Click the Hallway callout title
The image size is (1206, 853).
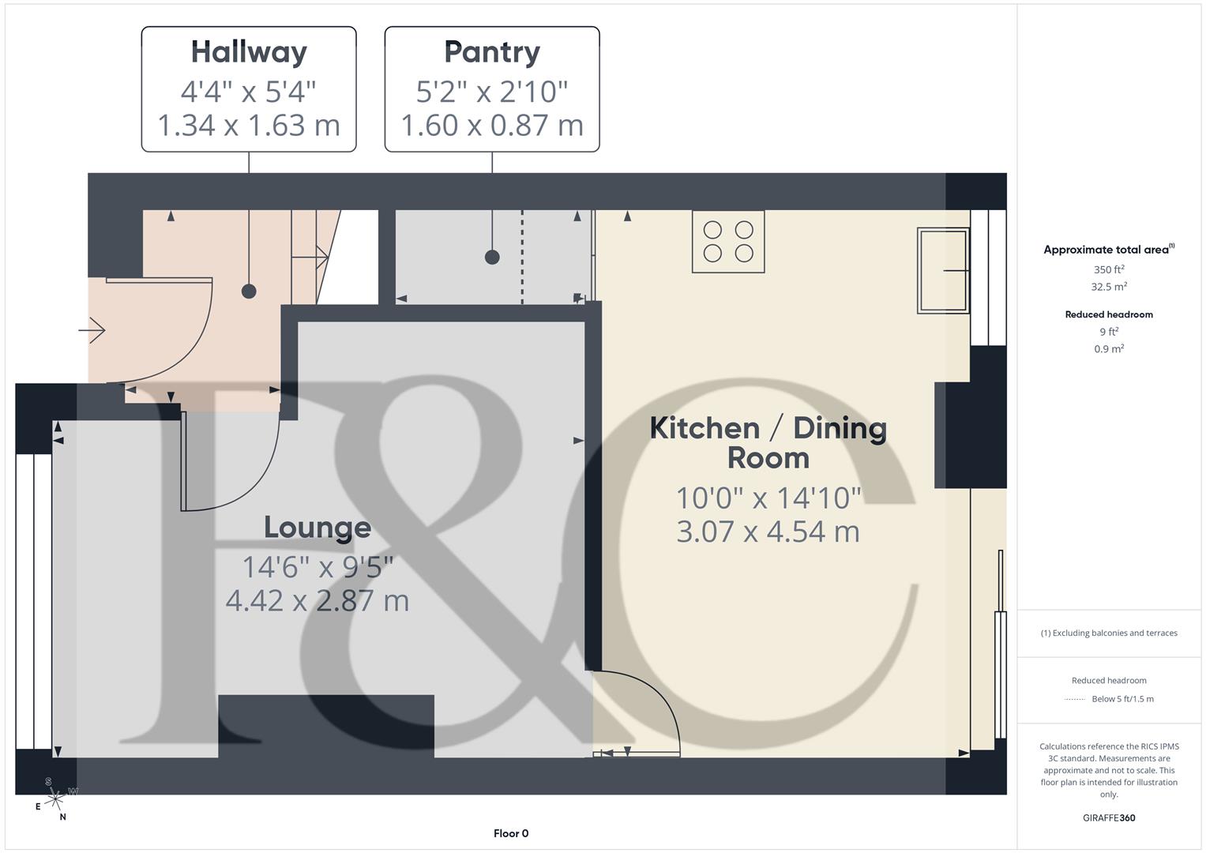249,52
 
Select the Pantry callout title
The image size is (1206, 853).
492,52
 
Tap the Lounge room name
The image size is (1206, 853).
317,528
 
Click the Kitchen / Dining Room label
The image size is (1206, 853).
768,442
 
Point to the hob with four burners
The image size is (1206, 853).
728,242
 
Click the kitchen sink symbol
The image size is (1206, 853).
943,270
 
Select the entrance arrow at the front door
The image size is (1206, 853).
92,329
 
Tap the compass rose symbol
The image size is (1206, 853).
54,799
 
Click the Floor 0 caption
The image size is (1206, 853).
511,833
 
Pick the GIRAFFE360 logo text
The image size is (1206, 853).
1109,817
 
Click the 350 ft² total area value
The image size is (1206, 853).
1109,269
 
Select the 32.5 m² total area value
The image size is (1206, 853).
1109,287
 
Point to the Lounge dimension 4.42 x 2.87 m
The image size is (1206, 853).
317,601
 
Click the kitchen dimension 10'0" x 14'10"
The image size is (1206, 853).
768,498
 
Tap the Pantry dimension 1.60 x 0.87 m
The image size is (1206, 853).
492,126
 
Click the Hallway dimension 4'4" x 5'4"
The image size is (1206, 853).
249,92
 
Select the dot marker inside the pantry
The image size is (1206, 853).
492,257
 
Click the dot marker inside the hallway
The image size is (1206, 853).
249,291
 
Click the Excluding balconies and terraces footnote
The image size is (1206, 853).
1109,633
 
